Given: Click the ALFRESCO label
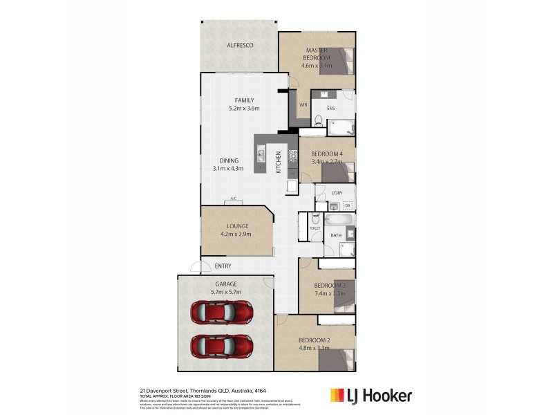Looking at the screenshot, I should (241, 46).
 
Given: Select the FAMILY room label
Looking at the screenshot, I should (243, 100).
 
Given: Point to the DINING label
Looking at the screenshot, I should (229, 160).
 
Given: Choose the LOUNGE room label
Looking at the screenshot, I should (236, 226).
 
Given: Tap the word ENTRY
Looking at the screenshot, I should (223, 266).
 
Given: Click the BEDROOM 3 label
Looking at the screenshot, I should (329, 286).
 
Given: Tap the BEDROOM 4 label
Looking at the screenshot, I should (326, 154).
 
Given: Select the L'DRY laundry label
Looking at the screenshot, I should (337, 192).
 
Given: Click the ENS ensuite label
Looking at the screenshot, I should (330, 107).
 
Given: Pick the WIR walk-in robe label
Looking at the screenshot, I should (303, 104).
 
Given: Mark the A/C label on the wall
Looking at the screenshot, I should (233, 199).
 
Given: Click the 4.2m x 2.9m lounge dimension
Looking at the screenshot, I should (236, 234).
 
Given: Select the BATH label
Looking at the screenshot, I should (336, 236).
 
